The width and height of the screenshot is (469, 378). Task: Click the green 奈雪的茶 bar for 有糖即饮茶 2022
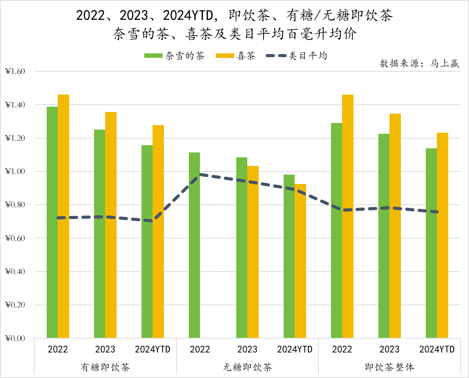(52, 222)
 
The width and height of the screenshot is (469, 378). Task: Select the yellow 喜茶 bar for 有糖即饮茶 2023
(111, 225)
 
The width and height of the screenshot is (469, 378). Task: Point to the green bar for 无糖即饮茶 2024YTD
(289, 256)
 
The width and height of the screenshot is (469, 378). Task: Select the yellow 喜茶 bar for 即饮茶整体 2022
(348, 216)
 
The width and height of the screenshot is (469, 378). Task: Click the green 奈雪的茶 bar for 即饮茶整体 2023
(384, 236)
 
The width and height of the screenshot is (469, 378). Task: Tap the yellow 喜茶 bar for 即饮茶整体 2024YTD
(442, 235)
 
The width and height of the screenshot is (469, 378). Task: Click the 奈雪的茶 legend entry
(175, 56)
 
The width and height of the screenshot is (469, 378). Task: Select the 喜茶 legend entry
(236, 56)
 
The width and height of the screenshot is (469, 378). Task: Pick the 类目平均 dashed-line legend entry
(296, 56)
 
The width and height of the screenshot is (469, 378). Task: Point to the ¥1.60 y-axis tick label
(15, 71)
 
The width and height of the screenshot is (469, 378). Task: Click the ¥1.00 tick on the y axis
(15, 172)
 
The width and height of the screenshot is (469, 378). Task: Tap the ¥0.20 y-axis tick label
(15, 305)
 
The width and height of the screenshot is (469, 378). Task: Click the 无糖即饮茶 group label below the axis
(247, 367)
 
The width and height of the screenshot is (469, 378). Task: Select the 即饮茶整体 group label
(389, 367)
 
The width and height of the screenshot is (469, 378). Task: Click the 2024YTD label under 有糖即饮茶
(153, 349)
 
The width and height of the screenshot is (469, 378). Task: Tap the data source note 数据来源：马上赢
(419, 63)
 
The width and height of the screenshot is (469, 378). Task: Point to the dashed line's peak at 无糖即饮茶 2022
(200, 175)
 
